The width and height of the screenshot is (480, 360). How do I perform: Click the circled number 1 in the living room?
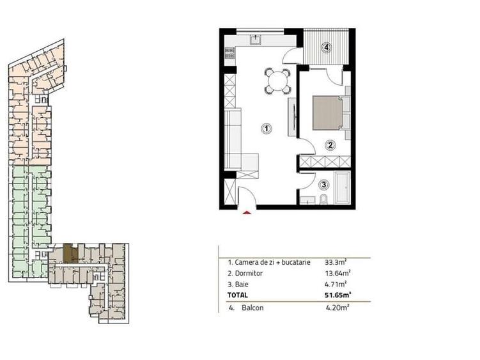coord(267,129)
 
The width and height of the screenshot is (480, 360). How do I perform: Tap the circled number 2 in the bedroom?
coord(330,145)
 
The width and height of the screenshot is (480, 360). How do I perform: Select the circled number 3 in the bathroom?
coord(324,185)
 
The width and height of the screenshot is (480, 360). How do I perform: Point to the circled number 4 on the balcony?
coord(326,47)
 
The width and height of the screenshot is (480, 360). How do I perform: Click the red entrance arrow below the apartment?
coord(247,212)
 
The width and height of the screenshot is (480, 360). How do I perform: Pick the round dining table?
coord(278,81)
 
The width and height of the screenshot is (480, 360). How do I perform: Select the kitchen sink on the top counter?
coord(256,39)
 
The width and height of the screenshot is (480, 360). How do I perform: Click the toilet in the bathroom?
coord(323,201)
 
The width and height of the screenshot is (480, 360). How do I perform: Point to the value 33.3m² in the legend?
coord(336,262)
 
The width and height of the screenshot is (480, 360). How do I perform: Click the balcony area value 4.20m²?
coord(336,308)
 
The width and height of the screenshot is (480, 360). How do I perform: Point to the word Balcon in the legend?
coord(254,308)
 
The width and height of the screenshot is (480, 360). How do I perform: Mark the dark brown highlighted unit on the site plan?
coord(74,254)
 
